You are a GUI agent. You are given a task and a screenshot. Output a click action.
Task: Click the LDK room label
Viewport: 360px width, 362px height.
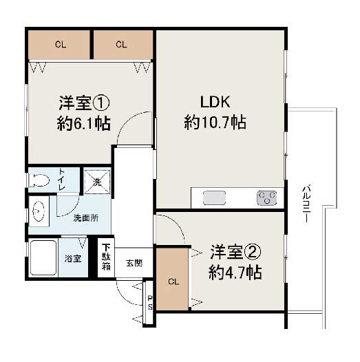215,103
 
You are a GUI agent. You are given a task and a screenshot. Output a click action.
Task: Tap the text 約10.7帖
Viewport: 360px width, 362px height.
215,122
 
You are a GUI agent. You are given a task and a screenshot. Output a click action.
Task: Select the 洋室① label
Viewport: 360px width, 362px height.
84,103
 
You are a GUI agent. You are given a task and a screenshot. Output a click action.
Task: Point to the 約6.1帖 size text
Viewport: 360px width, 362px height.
84,123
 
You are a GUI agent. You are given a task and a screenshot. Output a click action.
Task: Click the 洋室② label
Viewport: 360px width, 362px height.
235,252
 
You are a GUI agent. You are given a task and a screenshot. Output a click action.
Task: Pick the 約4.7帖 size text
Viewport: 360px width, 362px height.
235,273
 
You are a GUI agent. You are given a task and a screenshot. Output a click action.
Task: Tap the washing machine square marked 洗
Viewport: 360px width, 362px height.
97,182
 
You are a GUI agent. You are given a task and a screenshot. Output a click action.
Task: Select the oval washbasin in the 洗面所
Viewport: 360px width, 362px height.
39,211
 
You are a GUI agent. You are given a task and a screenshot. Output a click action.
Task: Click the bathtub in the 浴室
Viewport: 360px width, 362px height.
43,257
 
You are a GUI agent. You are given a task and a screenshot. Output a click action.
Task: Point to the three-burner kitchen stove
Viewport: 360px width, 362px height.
266,198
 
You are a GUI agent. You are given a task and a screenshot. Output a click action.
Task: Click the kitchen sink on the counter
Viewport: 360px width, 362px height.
214,198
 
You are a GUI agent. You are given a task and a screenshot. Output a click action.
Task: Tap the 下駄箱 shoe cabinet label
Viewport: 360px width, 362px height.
106,257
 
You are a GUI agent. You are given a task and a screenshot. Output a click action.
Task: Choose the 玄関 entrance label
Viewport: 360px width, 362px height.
134,263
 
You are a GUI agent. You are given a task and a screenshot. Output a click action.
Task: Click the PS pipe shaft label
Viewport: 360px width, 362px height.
150,303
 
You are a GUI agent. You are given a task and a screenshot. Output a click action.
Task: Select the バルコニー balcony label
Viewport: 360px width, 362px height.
306,203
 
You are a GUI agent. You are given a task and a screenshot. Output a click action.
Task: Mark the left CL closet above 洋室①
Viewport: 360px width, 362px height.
59,45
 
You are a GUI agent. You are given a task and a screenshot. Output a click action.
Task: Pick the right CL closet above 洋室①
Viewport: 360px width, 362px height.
123,45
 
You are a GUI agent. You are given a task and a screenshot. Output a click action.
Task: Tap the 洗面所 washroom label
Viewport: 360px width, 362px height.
86,218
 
